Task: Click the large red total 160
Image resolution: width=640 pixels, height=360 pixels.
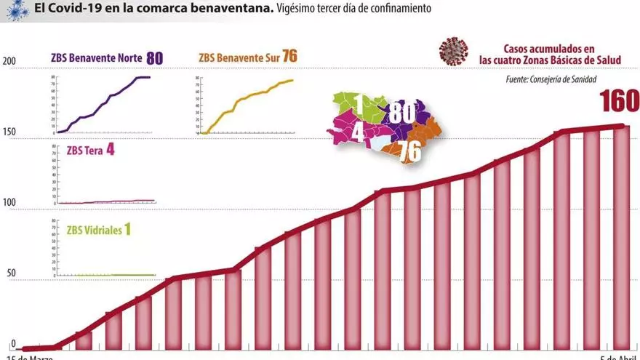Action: click(619, 102)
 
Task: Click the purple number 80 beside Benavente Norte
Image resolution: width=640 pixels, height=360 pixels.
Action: click(154, 57)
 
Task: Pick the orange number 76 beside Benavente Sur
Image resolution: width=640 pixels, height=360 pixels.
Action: click(289, 57)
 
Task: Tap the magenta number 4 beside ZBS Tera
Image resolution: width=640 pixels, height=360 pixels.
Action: click(110, 151)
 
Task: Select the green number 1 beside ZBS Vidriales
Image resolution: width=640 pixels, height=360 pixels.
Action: click(127, 230)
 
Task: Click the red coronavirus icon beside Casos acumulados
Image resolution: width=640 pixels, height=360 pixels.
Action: click(453, 52)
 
